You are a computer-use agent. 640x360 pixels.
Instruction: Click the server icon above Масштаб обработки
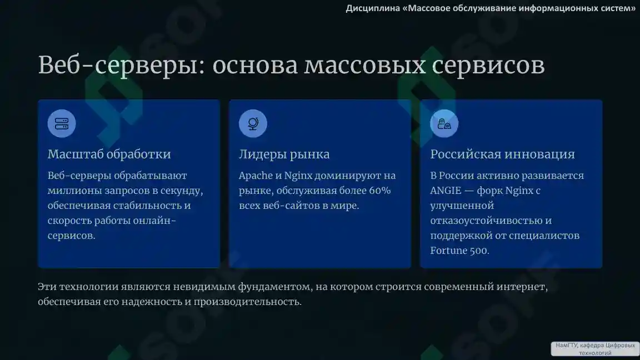(x=61, y=123)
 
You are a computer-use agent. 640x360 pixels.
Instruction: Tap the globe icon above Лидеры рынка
(x=253, y=123)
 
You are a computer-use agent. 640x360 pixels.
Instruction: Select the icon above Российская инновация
(x=444, y=123)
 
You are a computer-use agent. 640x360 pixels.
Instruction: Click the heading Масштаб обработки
(x=109, y=154)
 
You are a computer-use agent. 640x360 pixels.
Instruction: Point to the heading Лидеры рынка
(x=284, y=154)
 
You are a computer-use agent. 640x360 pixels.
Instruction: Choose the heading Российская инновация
(x=502, y=154)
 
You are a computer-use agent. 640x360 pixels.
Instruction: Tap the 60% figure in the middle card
(x=379, y=191)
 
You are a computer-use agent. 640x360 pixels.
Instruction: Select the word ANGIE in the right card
(x=445, y=191)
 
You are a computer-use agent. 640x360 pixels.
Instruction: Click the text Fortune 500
(x=459, y=251)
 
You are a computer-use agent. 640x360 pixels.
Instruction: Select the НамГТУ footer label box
(x=594, y=348)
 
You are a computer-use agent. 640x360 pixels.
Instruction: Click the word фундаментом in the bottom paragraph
(x=274, y=287)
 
